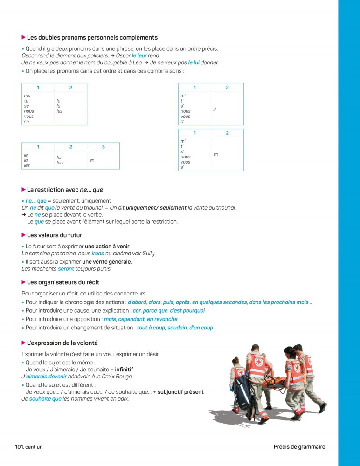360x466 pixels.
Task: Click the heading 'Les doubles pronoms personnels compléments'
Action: pyautogui.click(x=92, y=38)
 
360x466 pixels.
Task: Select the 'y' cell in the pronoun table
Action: pyautogui.click(x=214, y=109)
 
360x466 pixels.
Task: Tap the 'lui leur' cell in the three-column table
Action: pyautogui.click(x=61, y=160)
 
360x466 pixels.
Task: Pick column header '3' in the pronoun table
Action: pyautogui.click(x=103, y=147)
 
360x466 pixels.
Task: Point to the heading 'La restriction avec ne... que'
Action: pyautogui.click(x=65, y=190)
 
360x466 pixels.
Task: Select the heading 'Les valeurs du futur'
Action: pyautogui.click(x=55, y=235)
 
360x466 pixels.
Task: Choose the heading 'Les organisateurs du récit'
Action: pyautogui.click(x=63, y=282)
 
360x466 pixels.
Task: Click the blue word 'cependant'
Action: pyautogui.click(x=131, y=319)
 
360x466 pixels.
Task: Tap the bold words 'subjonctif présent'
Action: pyautogui.click(x=180, y=392)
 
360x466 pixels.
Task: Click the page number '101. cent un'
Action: pyautogui.click(x=29, y=447)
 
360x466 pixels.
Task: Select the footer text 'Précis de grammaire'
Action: pyautogui.click(x=299, y=447)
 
